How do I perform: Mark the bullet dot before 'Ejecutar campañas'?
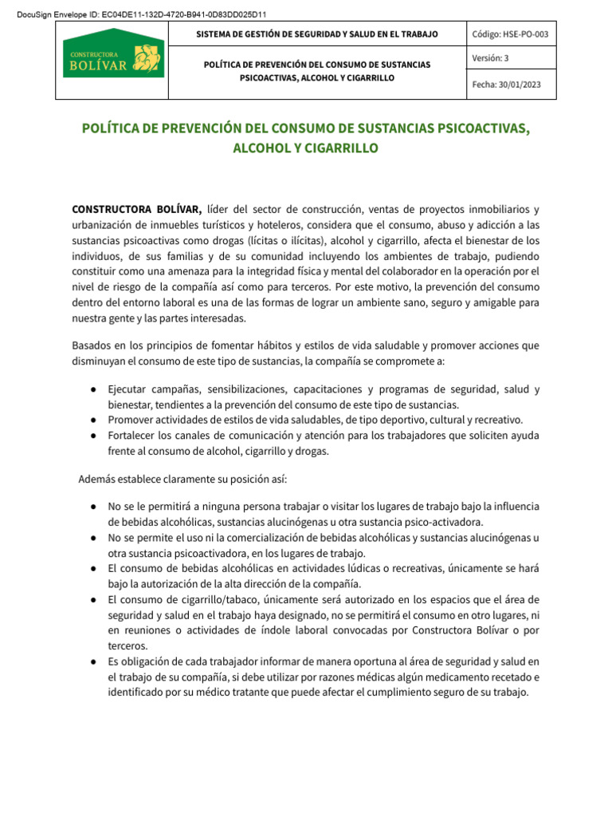(x=94, y=389)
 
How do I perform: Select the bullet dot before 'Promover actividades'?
(x=94, y=420)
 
